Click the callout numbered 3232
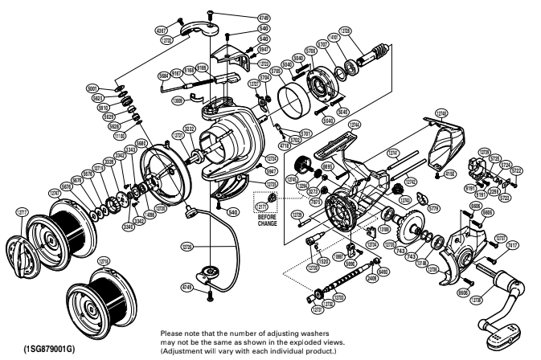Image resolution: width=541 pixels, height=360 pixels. (190, 127)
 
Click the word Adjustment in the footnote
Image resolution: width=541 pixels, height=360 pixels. (184, 351)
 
